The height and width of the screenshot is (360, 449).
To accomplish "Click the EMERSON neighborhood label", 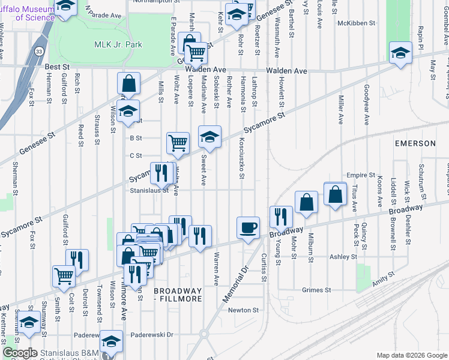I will [415, 143].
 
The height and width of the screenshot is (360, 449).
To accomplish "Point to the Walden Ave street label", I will [287, 71].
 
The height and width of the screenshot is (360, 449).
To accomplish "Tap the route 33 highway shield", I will [39, 52].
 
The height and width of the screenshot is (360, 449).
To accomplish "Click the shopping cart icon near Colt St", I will [64, 276].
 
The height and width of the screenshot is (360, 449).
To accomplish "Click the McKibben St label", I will [356, 23].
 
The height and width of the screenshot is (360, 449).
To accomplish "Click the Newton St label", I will [243, 310].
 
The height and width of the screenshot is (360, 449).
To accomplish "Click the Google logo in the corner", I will [20, 353].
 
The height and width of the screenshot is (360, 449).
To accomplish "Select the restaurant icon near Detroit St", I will [77, 260].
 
